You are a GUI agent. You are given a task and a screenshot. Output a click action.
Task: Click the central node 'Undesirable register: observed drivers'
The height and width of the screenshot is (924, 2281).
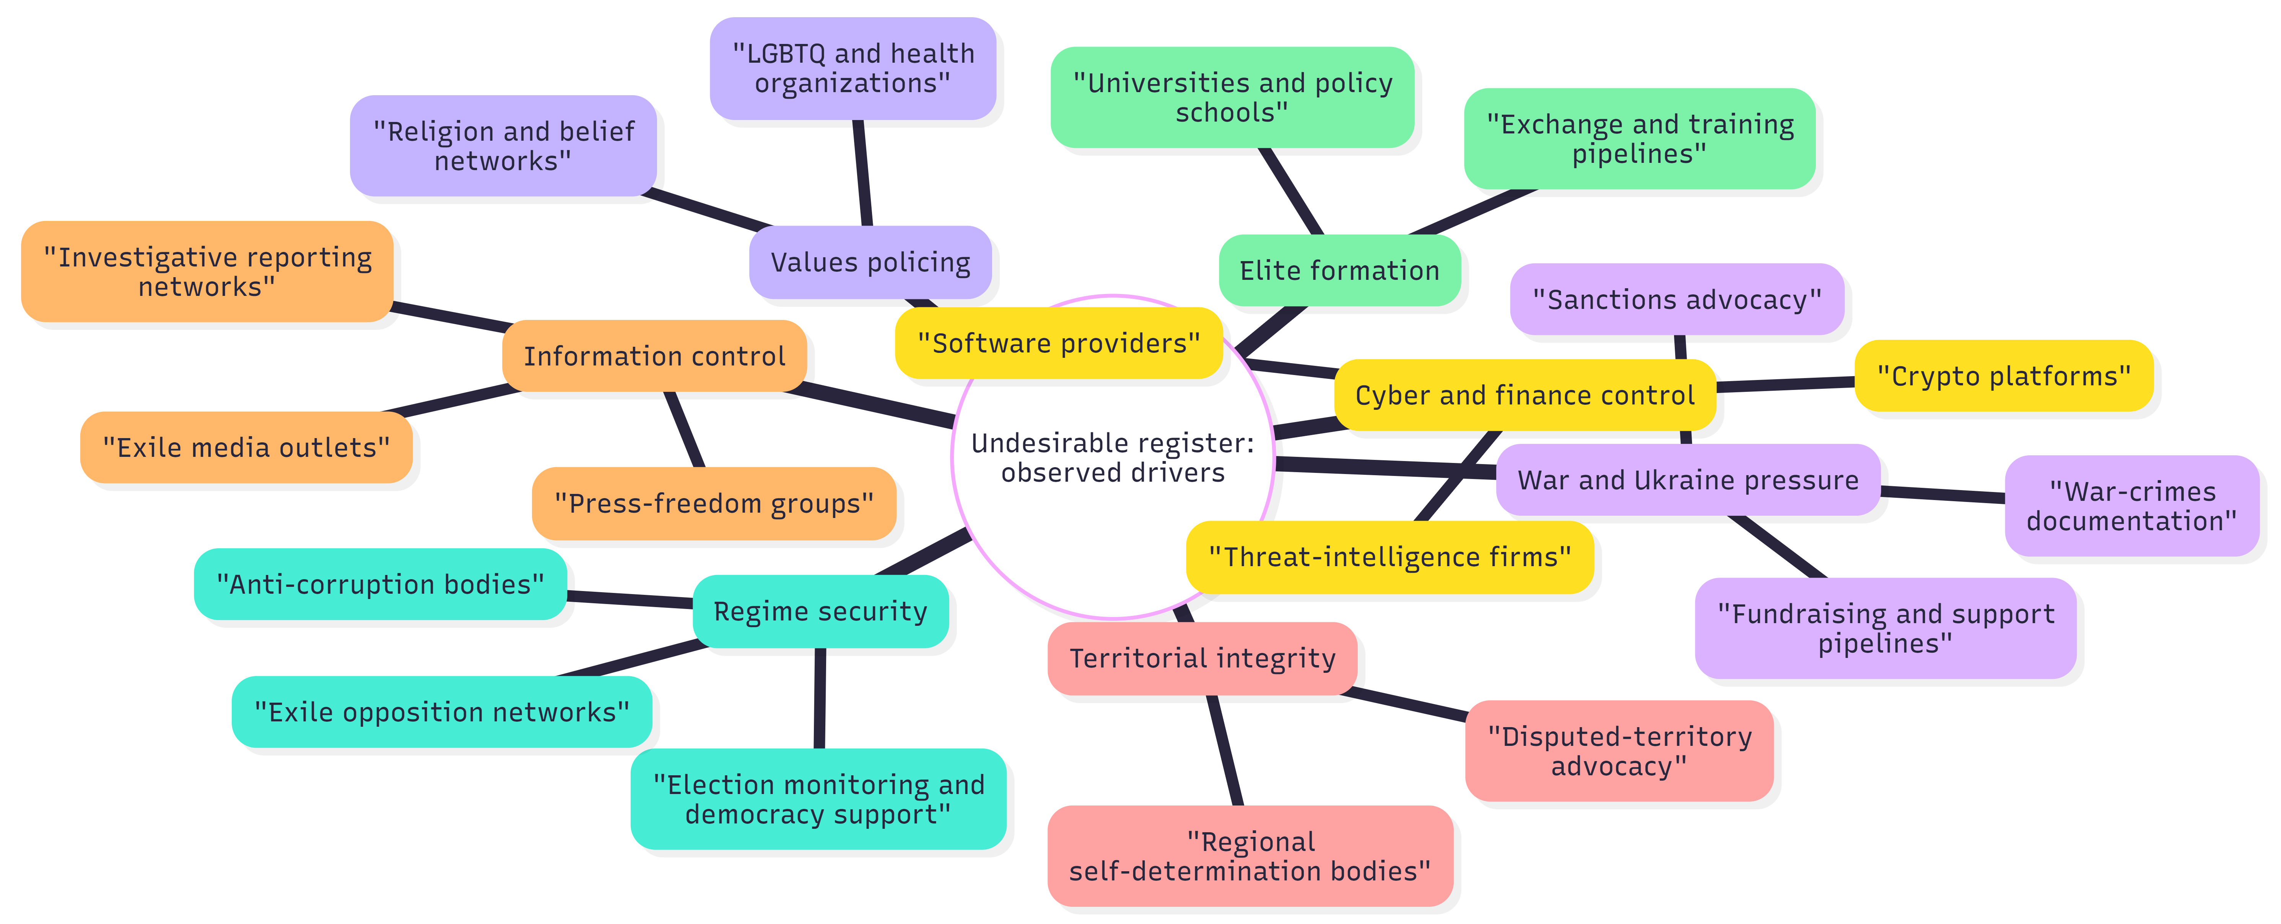(x=1112, y=458)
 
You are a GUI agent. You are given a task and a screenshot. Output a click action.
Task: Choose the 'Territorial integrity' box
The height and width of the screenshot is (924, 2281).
(x=1202, y=658)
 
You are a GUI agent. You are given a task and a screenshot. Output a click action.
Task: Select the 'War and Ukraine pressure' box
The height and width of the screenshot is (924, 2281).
(x=1688, y=480)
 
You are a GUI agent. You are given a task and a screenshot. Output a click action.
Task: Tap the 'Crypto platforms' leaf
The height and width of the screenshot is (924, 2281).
(x=2003, y=376)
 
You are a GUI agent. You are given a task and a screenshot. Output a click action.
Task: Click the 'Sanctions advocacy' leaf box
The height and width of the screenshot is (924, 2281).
(x=1676, y=300)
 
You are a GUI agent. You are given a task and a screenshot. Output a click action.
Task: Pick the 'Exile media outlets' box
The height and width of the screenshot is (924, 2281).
(x=246, y=447)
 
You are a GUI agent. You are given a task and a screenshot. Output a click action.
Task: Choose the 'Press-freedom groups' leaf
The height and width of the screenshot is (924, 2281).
(x=714, y=503)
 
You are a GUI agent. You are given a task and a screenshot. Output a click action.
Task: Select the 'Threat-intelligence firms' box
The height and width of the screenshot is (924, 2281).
(x=1389, y=557)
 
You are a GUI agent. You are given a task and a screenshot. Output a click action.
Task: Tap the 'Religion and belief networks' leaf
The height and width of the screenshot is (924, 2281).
(x=503, y=146)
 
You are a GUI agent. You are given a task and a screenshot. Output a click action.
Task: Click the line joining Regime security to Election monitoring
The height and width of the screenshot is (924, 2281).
(x=820, y=699)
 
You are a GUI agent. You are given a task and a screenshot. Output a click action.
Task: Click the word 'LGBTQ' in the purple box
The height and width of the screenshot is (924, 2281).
(x=786, y=54)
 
